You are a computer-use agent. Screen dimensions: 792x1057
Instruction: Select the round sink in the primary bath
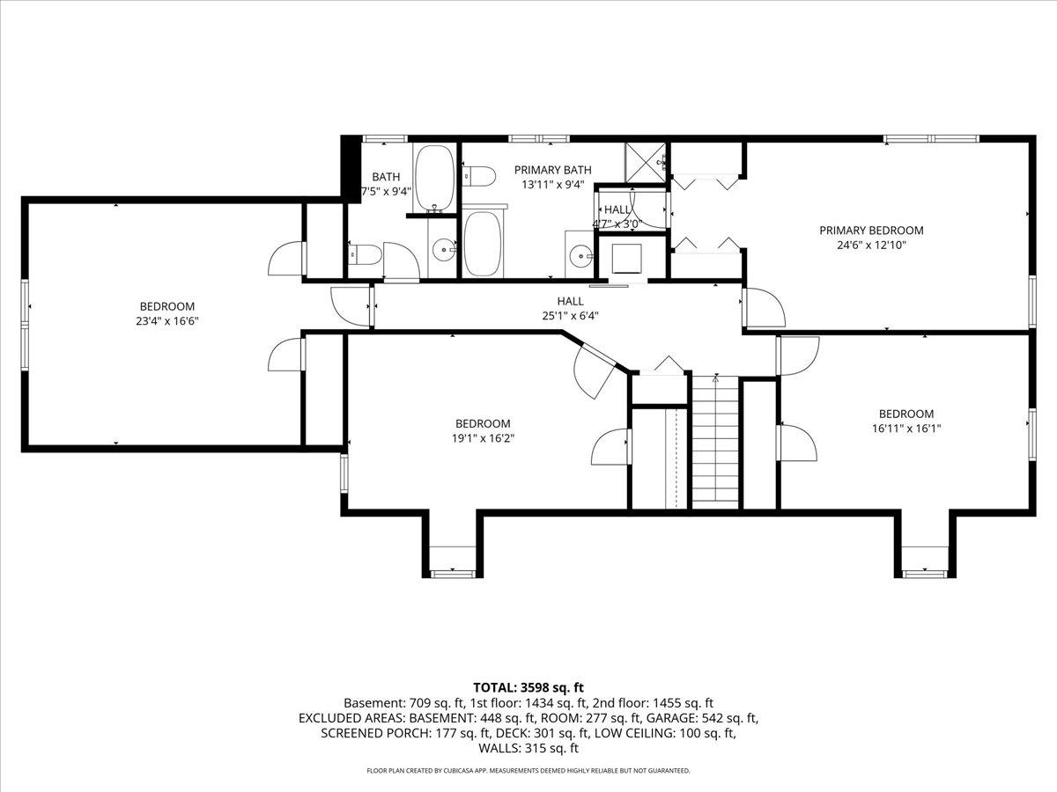click(580, 257)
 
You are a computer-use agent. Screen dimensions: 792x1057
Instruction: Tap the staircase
click(713, 440)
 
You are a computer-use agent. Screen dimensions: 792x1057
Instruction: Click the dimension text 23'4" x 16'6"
click(161, 321)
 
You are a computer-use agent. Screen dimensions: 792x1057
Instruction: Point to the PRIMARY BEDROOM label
click(871, 231)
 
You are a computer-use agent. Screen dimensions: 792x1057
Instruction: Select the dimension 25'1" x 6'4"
click(570, 316)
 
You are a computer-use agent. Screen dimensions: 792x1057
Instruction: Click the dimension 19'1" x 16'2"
click(482, 437)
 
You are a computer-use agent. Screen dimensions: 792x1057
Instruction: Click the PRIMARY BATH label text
click(552, 170)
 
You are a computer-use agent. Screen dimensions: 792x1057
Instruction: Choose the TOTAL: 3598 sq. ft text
click(528, 686)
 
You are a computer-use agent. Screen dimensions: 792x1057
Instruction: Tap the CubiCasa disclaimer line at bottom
click(528, 771)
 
